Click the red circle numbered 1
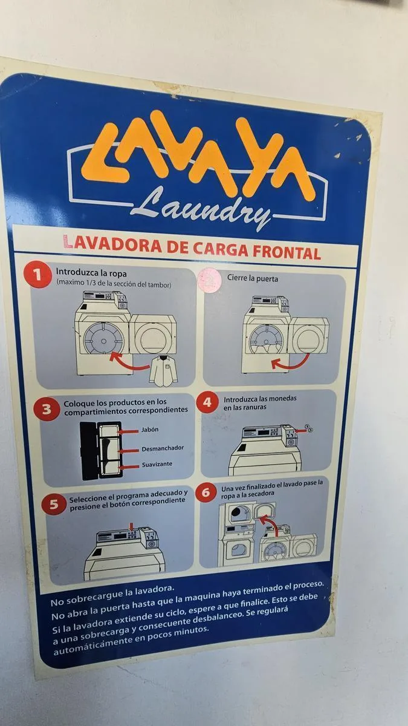(x=38, y=275)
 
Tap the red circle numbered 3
(x=47, y=409)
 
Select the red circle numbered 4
(x=207, y=402)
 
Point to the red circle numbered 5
(x=54, y=505)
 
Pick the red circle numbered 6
(x=206, y=492)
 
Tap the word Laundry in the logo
(x=201, y=207)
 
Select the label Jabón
(x=150, y=430)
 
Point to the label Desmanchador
(x=163, y=448)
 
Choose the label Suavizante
(x=157, y=465)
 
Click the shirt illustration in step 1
(x=164, y=370)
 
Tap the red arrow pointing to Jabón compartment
(x=128, y=431)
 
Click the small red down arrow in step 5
(x=131, y=526)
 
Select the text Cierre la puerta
(x=252, y=278)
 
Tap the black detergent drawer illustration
(x=101, y=451)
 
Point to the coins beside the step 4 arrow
(x=309, y=428)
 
